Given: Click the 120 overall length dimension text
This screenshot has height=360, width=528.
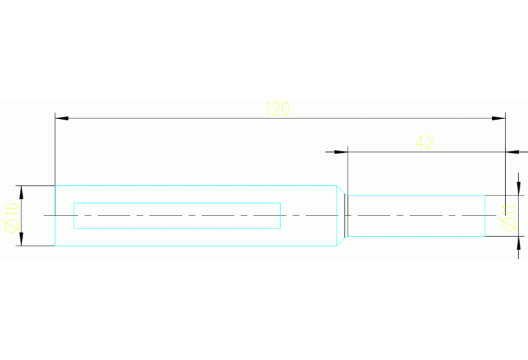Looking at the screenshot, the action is tap(277, 109).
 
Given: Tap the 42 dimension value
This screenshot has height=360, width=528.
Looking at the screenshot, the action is tap(425, 142).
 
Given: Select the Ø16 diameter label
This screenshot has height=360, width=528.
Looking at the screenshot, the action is tap(12, 218).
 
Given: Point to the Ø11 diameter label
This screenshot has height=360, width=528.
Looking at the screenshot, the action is tap(509, 218).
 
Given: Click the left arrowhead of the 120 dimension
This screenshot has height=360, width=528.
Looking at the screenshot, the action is tap(62, 118).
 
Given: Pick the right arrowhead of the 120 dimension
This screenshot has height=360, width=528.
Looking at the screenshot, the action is tap(498, 118).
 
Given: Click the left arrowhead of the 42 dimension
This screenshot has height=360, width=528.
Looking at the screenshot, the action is tap(341, 152).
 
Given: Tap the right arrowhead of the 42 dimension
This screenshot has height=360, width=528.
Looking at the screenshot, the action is tap(512, 152).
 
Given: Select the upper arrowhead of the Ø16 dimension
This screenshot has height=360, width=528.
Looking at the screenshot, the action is tap(21, 192).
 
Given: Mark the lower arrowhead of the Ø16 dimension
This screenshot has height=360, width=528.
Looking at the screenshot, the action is tap(21, 239).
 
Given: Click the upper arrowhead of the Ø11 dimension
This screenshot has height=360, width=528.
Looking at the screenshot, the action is tap(518, 189).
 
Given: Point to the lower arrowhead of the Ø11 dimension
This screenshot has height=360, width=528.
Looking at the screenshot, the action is tap(518, 243).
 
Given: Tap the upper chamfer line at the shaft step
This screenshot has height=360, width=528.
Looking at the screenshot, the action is tap(342, 190).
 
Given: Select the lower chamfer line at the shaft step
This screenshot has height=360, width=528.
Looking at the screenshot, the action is tap(342, 241).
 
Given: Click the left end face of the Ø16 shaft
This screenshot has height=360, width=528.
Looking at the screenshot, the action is tap(55, 215).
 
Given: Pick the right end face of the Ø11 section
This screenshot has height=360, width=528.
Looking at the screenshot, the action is tap(485, 215).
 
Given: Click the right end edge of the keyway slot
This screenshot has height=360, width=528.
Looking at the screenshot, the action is tap(280, 215).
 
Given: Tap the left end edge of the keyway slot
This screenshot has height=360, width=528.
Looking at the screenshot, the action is tap(74, 215).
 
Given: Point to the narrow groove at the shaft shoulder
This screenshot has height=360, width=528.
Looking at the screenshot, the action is tap(346, 215).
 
